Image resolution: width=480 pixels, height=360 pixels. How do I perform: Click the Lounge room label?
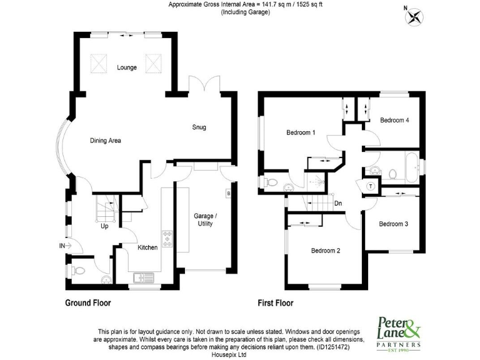(x=127, y=67)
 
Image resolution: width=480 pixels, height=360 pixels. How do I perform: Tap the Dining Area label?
(x=106, y=141)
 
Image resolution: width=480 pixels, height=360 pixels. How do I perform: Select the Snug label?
(x=199, y=127)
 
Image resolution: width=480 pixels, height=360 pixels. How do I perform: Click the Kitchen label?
(x=147, y=247)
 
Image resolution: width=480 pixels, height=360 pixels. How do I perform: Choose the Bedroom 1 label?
(x=301, y=132)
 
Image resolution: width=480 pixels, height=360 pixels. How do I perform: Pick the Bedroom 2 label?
(x=326, y=251)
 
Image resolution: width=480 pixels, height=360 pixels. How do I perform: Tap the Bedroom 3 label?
(x=394, y=223)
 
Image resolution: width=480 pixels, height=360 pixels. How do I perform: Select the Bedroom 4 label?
(x=394, y=120)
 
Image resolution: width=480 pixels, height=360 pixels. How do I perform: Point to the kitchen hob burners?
(x=167, y=239)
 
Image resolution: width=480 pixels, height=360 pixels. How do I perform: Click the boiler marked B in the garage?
(x=229, y=193)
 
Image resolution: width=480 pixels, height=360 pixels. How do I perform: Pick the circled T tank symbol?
(x=370, y=185)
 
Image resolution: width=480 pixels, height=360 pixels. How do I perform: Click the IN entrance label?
(x=62, y=246)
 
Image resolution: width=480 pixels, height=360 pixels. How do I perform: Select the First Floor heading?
(x=276, y=304)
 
